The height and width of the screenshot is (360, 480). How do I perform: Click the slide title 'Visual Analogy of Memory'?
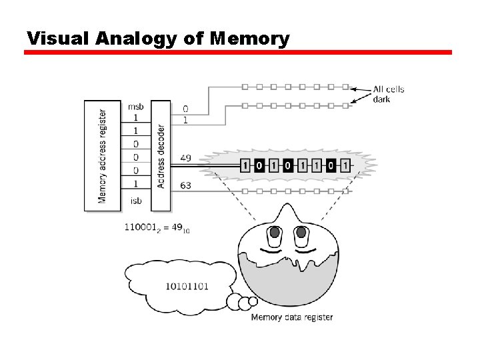(158, 38)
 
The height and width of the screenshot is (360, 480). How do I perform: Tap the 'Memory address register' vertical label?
(102, 156)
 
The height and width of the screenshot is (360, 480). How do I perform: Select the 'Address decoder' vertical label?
(161, 156)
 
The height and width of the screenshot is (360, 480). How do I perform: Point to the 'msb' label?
(135, 106)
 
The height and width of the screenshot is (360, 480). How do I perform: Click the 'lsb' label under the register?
(135, 201)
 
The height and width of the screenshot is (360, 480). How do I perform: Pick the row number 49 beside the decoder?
(186, 158)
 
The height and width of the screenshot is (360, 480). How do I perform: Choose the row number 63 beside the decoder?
(186, 185)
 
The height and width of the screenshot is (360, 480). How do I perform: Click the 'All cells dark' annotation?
(388, 94)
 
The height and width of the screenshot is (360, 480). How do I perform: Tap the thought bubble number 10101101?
(187, 287)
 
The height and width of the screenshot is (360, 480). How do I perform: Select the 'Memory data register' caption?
(291, 317)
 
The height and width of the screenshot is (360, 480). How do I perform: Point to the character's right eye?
(301, 234)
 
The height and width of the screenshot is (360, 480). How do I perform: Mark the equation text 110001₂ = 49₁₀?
(157, 228)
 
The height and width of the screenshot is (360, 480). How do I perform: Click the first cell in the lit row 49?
(245, 165)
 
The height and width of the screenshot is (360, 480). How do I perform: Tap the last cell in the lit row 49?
(344, 165)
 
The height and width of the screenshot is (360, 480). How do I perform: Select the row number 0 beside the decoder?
(185, 109)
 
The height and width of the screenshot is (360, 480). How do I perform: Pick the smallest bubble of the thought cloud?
(253, 301)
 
